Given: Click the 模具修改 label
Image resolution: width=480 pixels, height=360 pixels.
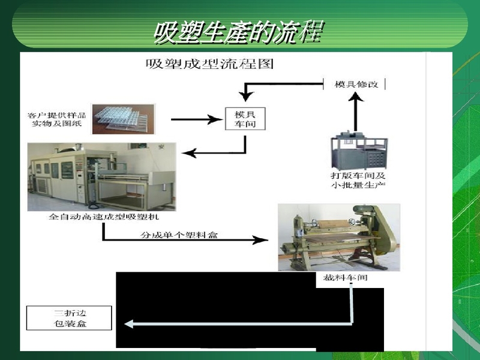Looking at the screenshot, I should (356, 84).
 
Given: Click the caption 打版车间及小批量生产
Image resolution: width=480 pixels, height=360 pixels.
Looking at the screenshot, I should (359, 180).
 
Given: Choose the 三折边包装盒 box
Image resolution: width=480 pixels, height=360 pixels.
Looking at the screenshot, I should (70, 318).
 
